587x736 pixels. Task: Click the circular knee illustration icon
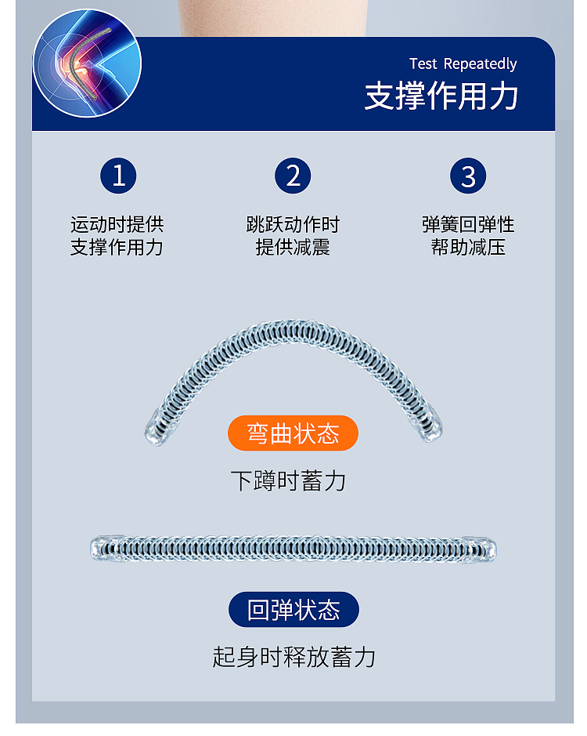tap(87, 63)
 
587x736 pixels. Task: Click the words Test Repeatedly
tap(463, 63)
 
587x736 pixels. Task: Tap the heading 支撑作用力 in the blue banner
tap(441, 96)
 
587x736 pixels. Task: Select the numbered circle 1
tap(118, 176)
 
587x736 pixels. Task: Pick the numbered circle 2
tap(293, 176)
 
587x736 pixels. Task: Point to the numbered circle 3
tap(468, 176)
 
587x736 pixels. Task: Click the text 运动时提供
tap(117, 225)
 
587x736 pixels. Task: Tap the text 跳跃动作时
tap(293, 225)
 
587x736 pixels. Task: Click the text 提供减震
tap(293, 248)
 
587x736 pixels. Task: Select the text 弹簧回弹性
tap(468, 225)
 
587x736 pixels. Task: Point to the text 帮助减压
tap(468, 248)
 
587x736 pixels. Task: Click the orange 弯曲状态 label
tap(293, 433)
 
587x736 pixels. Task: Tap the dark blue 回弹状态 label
tap(293, 610)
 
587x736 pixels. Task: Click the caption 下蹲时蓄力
tap(288, 480)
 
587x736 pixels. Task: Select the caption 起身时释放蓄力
tap(293, 657)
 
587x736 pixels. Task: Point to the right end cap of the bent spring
tap(430, 428)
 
